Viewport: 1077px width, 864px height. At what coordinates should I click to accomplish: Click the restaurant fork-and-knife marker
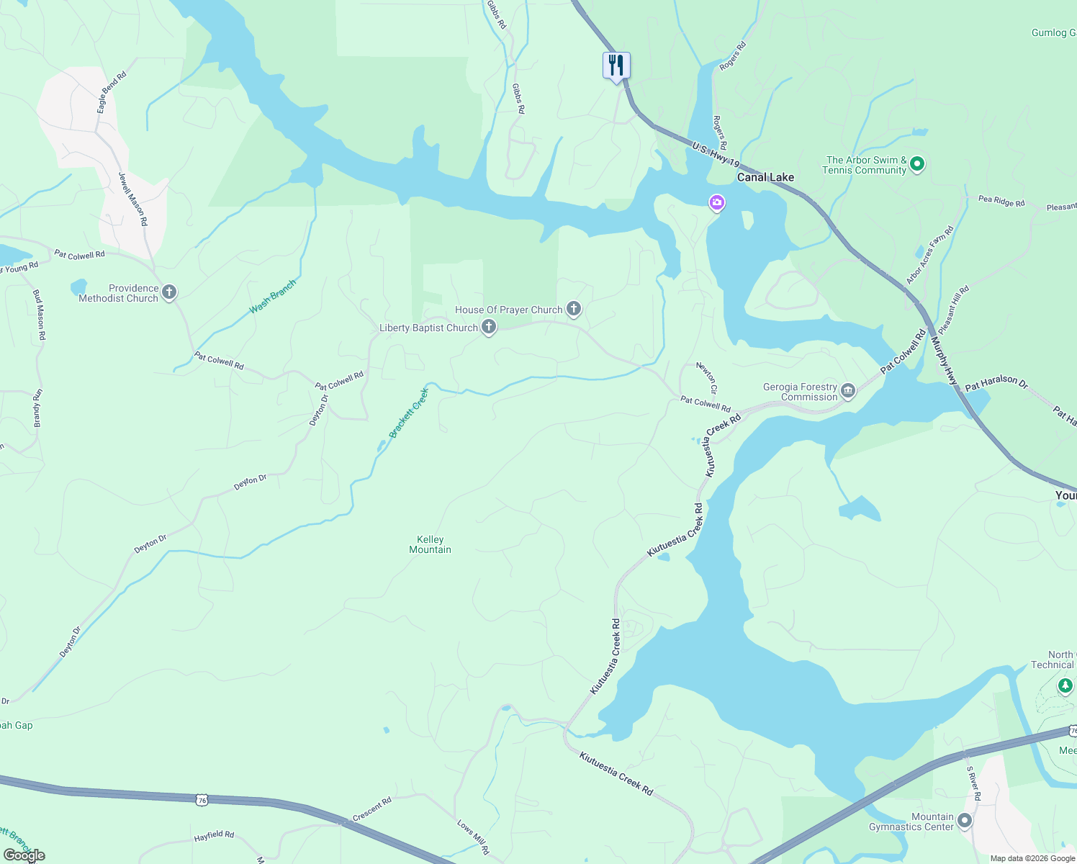click(616, 66)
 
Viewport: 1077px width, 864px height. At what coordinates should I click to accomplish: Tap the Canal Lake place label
click(765, 177)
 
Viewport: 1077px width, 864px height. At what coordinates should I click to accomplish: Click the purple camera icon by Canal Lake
click(716, 203)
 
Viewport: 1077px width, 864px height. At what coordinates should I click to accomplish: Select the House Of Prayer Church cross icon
click(574, 310)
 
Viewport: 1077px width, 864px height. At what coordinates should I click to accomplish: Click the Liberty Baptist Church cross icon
click(489, 328)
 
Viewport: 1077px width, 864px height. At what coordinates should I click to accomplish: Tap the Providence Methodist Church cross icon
click(169, 292)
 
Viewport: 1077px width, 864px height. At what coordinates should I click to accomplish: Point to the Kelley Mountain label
click(430, 544)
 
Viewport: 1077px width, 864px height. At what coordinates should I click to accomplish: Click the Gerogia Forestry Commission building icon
click(848, 391)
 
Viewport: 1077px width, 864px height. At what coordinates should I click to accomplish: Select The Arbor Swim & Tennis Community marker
click(917, 164)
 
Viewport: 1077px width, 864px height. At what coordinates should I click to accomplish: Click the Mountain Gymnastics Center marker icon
click(965, 821)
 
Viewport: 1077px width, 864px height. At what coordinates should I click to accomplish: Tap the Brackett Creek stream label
click(409, 413)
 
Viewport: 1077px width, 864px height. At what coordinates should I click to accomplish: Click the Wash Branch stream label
click(272, 297)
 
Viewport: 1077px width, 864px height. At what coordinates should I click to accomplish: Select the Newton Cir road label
click(707, 377)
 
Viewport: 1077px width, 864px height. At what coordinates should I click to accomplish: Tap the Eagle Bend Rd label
click(112, 91)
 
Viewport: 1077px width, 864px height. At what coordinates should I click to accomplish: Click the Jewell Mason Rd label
click(133, 199)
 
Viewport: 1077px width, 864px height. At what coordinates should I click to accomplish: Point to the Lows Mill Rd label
click(473, 837)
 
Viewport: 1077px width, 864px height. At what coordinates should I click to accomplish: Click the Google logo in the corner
click(24, 855)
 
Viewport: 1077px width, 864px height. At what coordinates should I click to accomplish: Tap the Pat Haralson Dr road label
click(996, 382)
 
